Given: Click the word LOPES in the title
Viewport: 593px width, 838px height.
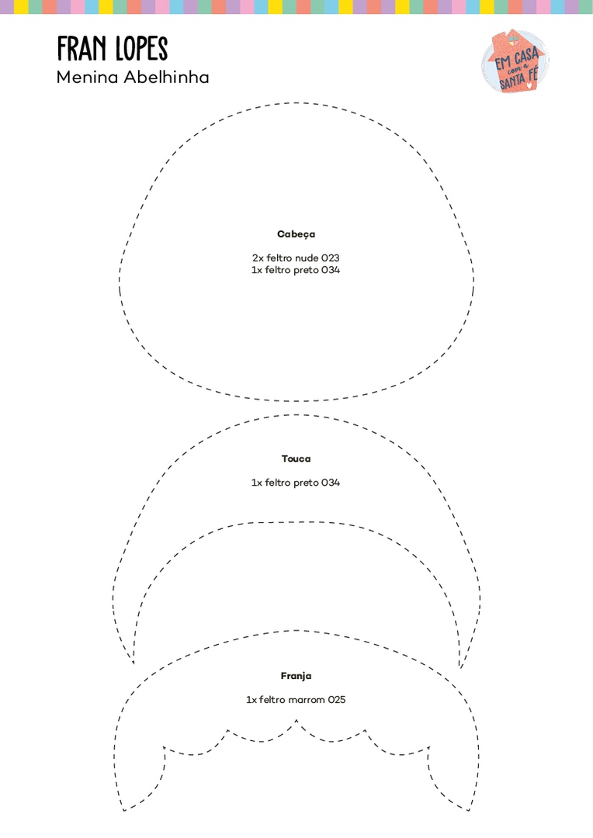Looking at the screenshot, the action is click(x=141, y=49).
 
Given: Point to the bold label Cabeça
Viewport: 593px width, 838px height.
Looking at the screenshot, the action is click(x=296, y=234).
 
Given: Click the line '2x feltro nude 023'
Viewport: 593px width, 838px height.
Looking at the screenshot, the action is click(x=296, y=258).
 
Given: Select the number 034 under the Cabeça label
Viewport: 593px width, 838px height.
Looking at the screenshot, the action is click(x=331, y=270).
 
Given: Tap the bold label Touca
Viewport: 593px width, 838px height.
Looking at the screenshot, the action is click(x=296, y=459).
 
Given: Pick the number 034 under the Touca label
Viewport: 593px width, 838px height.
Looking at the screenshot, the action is click(x=331, y=483).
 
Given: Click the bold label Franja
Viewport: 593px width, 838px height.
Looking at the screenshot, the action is click(x=296, y=677).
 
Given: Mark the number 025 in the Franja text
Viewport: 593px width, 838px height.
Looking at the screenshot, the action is click(x=336, y=700).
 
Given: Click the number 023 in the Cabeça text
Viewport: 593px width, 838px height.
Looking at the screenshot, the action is click(x=331, y=258).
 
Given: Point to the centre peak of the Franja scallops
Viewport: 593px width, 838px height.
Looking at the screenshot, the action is click(x=296, y=721).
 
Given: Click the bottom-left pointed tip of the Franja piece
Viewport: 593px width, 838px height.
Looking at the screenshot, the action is click(x=123, y=811).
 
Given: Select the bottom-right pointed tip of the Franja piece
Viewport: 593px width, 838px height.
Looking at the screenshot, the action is click(x=470, y=811).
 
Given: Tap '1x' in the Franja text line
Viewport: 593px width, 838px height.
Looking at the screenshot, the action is click(x=251, y=700).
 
